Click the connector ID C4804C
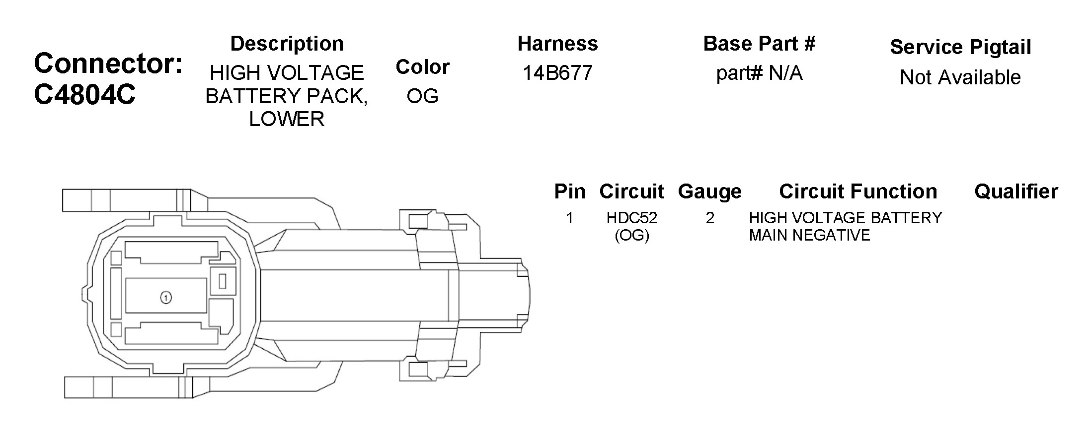tap(84, 94)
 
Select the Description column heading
tap(287, 44)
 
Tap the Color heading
tap(422, 67)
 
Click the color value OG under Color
tap(422, 96)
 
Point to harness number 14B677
tap(557, 73)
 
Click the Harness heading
tap(557, 44)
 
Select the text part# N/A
tap(759, 73)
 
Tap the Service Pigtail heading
tap(960, 48)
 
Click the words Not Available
tap(960, 77)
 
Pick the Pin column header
tap(570, 191)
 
